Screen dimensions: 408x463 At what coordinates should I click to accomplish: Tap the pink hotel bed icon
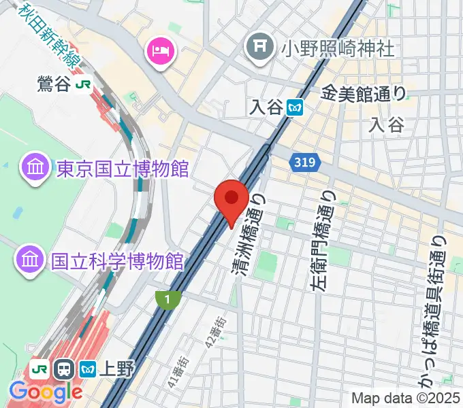click(160, 50)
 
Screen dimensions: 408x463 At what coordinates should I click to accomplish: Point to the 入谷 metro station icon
click(295, 107)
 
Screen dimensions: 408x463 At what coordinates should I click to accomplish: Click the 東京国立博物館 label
click(122, 167)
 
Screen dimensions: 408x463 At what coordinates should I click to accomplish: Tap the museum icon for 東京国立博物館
click(33, 167)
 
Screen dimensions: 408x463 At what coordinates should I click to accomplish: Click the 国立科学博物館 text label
click(117, 260)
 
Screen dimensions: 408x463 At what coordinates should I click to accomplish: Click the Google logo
click(45, 392)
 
